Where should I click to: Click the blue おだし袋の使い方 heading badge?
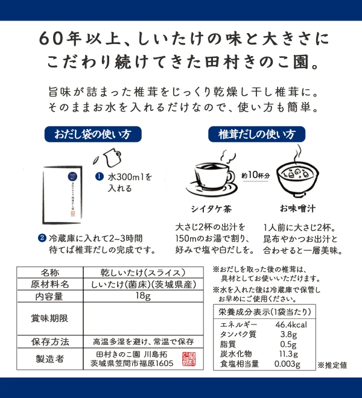pos(93,134)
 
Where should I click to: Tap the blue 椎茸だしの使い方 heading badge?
pos(256,134)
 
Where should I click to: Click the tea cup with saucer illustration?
pos(212,175)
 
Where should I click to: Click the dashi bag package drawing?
pos(62,195)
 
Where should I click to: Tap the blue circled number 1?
pos(100,177)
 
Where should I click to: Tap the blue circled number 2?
pos(42,238)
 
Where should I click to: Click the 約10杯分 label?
pos(255,175)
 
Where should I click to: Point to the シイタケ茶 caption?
pos(211,209)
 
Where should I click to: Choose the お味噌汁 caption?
pos(297,209)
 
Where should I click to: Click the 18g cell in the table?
pos(143,295)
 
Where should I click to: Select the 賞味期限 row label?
pos(50,318)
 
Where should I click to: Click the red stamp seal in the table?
pos(189,359)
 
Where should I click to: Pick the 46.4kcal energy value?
pos(291,324)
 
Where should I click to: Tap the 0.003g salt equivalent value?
pos(287,364)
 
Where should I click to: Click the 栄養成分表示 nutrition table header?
pos(265,312)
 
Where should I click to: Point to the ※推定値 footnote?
pos(332,365)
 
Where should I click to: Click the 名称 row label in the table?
pos(50,273)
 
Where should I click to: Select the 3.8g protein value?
pos(288,335)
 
